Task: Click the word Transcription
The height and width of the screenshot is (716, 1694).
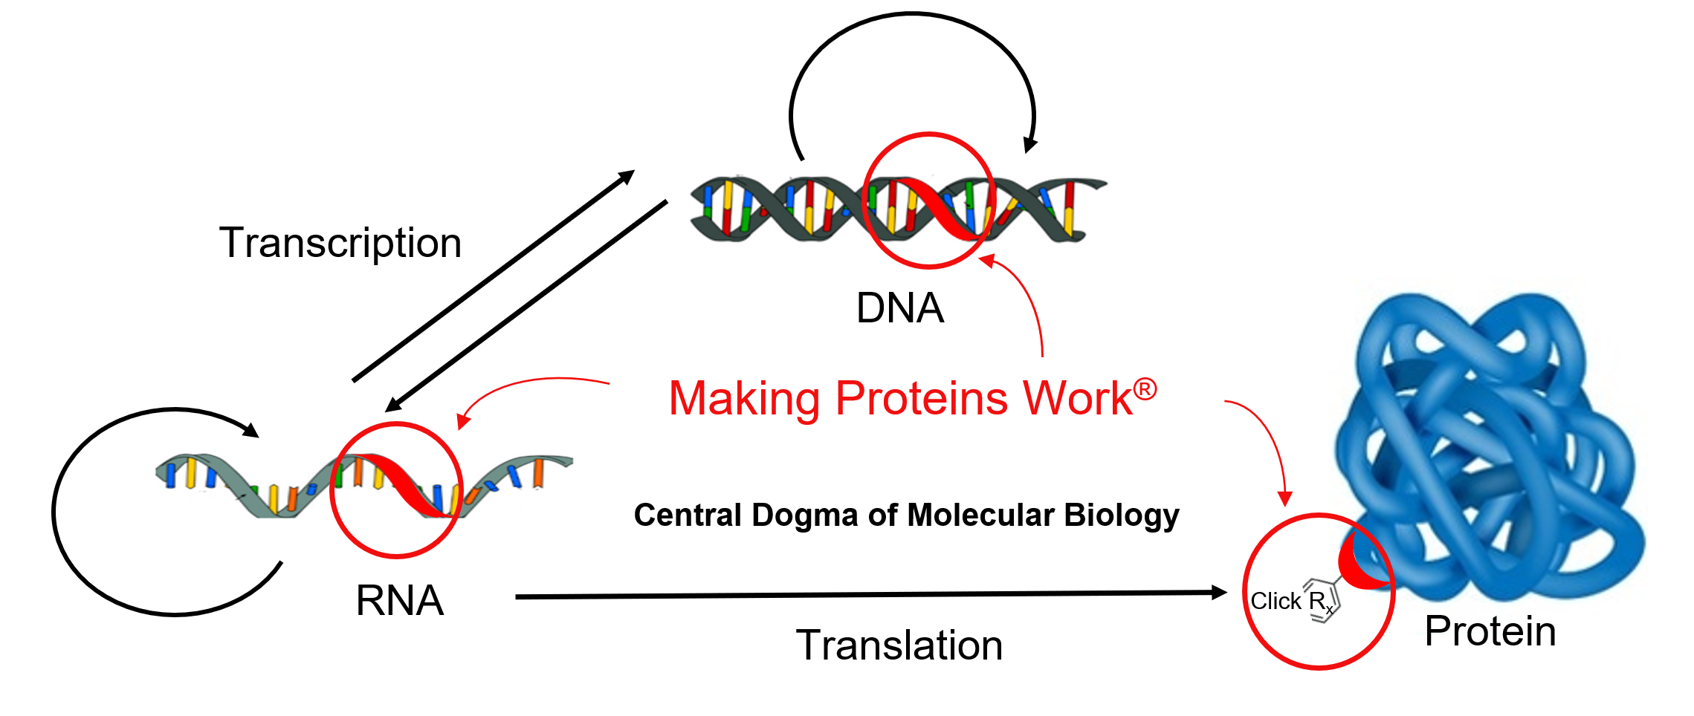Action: click(x=340, y=244)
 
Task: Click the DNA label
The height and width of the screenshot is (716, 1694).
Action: click(x=899, y=308)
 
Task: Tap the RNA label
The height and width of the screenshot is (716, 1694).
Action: click(x=400, y=600)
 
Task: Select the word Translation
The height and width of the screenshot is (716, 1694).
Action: click(x=899, y=645)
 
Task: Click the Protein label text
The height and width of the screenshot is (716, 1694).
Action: click(x=1490, y=631)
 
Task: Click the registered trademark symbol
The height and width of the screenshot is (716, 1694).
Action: click(x=1145, y=388)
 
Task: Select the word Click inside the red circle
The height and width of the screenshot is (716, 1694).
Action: click(x=1276, y=601)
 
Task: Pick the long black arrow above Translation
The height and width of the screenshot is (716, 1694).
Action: click(x=871, y=594)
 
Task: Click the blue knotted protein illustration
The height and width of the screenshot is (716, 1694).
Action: click(x=1491, y=446)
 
